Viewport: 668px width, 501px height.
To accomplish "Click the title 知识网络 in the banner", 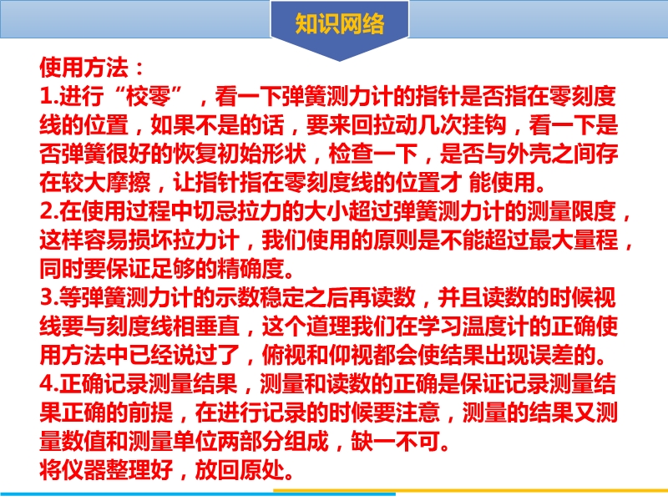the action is [x=340, y=23].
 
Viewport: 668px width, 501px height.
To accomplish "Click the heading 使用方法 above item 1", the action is [x=84, y=68].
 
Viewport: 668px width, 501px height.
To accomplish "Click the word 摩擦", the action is [x=129, y=182].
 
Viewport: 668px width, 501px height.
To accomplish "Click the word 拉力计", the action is [x=206, y=240].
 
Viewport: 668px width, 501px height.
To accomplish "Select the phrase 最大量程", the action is [x=574, y=240].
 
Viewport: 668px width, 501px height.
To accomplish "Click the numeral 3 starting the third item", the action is [x=46, y=297].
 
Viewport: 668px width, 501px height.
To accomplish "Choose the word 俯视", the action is [x=284, y=354].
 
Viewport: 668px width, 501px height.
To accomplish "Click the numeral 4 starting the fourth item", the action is [x=46, y=383].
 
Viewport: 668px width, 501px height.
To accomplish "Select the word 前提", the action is [x=151, y=412].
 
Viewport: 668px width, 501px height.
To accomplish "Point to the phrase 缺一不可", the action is [x=395, y=440].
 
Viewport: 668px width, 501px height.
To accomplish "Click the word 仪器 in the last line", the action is [x=84, y=469].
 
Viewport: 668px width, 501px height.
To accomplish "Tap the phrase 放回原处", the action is [x=240, y=469].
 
